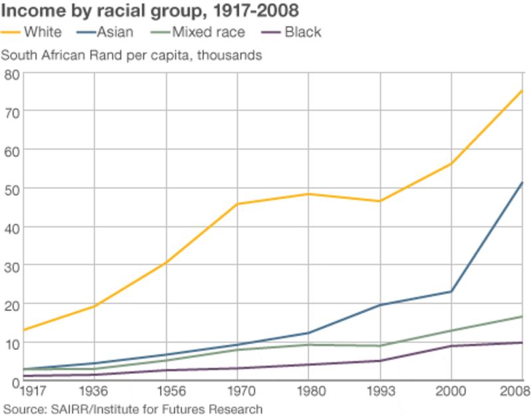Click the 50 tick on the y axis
(11, 189)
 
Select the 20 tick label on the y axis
(11, 304)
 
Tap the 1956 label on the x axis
(166, 392)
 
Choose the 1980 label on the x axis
(309, 392)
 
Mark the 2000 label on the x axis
(452, 392)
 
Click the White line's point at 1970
(237, 204)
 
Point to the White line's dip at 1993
(380, 201)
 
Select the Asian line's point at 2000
(452, 292)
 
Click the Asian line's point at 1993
(380, 305)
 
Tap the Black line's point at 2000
(452, 346)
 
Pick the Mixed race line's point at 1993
(380, 345)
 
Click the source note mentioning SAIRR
(133, 409)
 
